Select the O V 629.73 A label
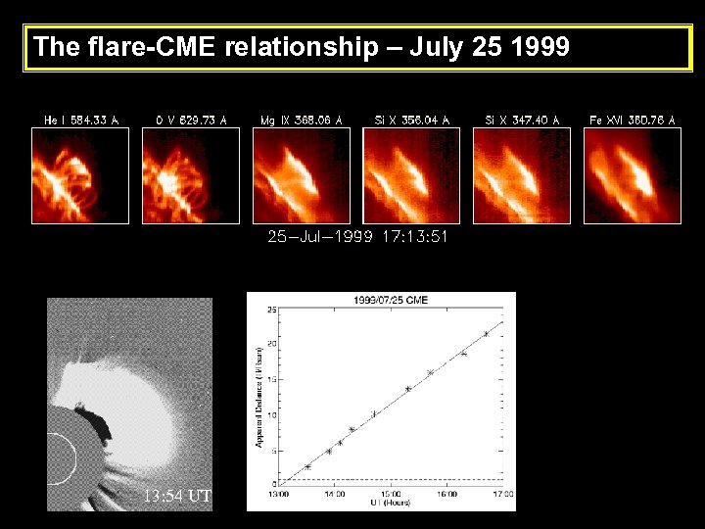(191, 120)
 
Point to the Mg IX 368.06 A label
(302, 120)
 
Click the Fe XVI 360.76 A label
(632, 120)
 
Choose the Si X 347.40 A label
(522, 120)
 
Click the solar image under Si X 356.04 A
(411, 175)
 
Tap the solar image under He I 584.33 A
(81, 175)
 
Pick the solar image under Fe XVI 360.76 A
(632, 175)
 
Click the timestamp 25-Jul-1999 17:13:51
(357, 236)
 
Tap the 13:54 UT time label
(176, 496)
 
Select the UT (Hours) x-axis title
(390, 503)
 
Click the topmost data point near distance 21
(486, 334)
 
